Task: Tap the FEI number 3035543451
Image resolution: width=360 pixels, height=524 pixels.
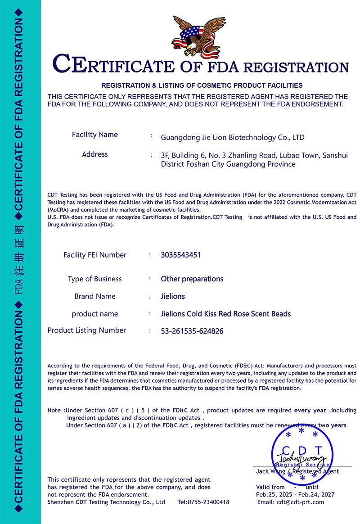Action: tap(181, 255)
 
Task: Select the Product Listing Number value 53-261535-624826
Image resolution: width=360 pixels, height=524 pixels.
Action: tap(192, 331)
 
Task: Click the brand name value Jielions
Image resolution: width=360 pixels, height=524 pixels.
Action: tap(173, 296)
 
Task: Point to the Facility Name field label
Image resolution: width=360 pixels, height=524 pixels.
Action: tap(95, 135)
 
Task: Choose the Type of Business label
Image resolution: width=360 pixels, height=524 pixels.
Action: tap(94, 279)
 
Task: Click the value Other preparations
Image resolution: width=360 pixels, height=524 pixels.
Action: tap(192, 279)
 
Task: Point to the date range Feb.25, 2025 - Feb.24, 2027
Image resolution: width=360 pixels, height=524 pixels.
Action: tap(295, 495)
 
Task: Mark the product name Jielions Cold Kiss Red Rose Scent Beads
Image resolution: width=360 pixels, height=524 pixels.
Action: tap(226, 314)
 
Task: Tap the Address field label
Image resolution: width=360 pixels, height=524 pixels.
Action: tap(95, 154)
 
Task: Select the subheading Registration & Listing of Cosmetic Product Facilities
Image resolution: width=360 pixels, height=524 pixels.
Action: tap(202, 85)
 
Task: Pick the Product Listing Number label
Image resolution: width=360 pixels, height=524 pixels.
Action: tap(87, 330)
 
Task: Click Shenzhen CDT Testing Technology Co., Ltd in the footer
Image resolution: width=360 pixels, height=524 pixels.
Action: tap(106, 502)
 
